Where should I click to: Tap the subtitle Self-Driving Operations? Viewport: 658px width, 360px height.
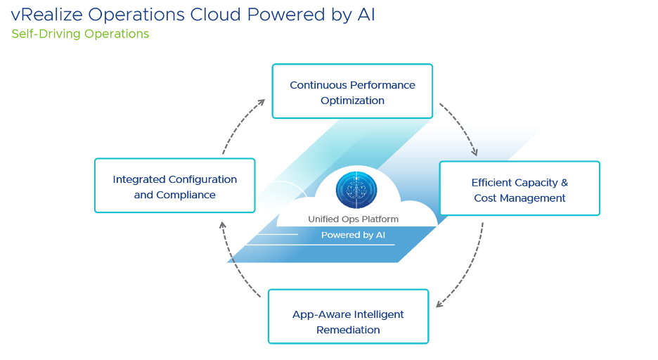(x=80, y=34)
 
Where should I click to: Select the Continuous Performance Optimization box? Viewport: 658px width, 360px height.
(x=352, y=91)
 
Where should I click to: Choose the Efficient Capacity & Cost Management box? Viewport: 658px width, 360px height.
(x=520, y=188)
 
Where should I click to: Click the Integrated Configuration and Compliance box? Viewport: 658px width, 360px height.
(x=174, y=186)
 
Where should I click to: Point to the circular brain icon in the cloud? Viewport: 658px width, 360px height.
(x=356, y=190)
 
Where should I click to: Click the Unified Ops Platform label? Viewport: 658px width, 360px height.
(x=353, y=219)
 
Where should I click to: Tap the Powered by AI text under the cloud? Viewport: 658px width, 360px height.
(x=353, y=235)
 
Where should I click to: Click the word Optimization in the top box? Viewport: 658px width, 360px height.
(x=352, y=101)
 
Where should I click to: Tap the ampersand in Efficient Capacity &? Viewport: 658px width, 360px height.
(x=565, y=183)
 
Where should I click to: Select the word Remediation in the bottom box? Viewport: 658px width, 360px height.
(x=348, y=330)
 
